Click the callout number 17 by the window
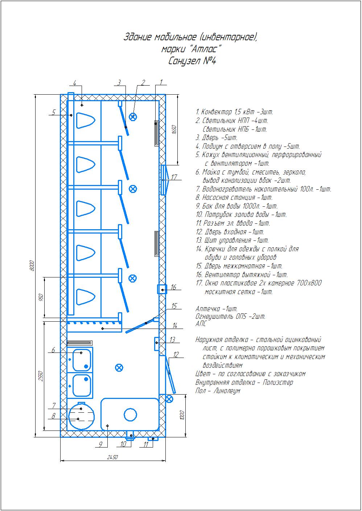(174, 177)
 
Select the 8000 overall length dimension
(32, 265)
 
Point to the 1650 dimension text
(174, 129)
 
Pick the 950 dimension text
(41, 297)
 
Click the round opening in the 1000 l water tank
(130, 415)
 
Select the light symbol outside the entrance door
(169, 399)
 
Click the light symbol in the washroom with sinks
(119, 368)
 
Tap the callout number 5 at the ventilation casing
(54, 112)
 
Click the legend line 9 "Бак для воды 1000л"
(237, 206)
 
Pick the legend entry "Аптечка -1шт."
(217, 309)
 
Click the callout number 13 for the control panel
(172, 340)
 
